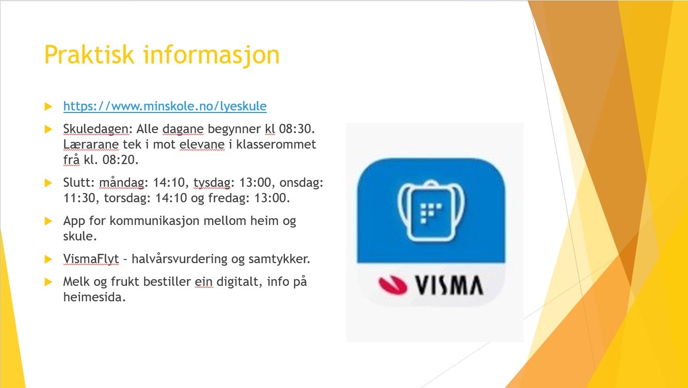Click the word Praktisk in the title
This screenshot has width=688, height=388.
(89, 55)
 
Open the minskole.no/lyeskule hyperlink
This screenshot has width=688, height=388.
(165, 106)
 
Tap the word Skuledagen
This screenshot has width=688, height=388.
(96, 129)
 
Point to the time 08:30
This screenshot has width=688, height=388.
(297, 129)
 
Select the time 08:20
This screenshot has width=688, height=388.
(120, 159)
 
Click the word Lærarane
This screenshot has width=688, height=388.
(91, 144)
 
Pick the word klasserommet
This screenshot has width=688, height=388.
(276, 144)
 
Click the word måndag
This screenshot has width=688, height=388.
(122, 183)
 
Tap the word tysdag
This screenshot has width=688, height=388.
(212, 183)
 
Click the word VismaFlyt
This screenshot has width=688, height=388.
(91, 259)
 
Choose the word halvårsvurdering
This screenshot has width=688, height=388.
(180, 259)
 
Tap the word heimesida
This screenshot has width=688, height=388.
(94, 297)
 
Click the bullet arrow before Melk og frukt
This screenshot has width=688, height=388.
(48, 282)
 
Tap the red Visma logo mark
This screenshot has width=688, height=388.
(393, 285)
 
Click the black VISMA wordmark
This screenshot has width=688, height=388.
(449, 285)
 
